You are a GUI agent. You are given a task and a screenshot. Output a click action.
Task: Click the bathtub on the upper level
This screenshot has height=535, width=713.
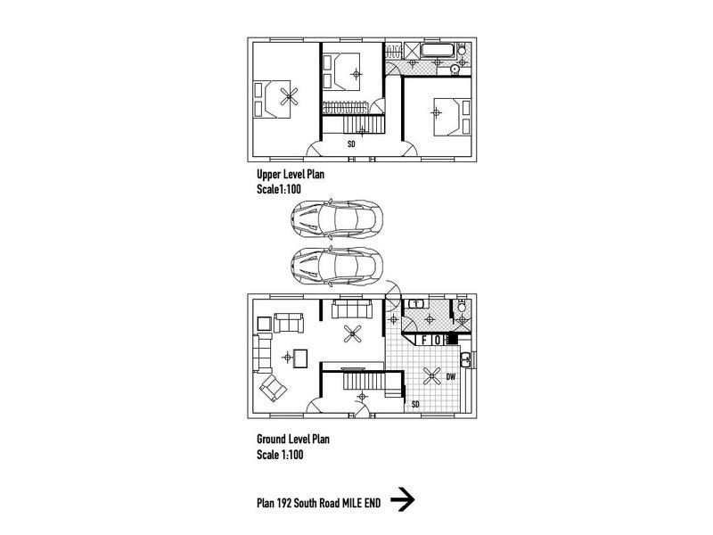(438, 50)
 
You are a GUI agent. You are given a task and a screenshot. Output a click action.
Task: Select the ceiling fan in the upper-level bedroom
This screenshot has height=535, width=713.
(289, 96)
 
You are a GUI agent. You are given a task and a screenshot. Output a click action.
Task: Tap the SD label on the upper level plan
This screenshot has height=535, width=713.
(351, 144)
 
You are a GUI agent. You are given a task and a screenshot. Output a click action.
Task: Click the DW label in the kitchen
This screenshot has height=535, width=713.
(451, 376)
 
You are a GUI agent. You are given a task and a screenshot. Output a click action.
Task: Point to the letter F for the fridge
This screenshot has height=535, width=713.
(424, 340)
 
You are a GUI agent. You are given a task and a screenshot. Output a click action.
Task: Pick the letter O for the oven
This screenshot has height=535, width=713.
(438, 340)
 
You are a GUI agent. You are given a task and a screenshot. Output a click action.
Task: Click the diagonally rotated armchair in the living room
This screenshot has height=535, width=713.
(273, 388)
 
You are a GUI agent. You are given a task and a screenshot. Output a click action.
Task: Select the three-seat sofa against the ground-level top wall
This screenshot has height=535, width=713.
(352, 309)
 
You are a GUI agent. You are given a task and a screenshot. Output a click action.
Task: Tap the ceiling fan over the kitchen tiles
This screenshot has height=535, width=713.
(431, 375)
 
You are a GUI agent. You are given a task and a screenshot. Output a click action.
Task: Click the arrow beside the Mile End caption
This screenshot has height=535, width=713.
(403, 499)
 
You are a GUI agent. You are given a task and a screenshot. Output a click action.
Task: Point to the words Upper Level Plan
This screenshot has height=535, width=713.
(291, 175)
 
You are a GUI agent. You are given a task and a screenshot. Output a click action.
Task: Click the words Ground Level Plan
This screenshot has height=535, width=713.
(293, 440)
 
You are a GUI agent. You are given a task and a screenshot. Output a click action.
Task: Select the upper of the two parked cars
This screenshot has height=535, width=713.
(337, 218)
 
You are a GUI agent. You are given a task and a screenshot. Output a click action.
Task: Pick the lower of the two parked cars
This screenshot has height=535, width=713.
(337, 266)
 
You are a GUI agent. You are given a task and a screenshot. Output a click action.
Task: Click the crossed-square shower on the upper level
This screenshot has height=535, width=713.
(412, 50)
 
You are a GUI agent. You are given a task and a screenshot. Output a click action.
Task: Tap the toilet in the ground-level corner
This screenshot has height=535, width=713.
(462, 306)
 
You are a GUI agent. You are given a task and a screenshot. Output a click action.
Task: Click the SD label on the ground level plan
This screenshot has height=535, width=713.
(415, 404)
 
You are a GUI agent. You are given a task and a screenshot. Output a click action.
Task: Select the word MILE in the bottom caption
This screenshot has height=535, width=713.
(352, 503)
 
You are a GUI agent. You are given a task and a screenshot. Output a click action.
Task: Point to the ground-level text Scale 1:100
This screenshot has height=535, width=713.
(280, 455)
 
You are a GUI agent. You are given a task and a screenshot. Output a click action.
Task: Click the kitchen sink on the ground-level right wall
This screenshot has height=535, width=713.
(466, 360)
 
